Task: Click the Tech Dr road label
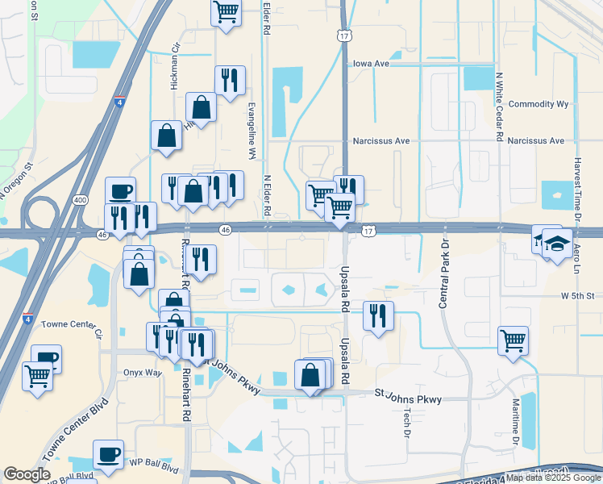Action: pos(406,421)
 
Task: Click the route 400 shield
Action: pos(80,199)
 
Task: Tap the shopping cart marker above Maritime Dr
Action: pos(513,340)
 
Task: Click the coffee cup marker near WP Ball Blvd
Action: pos(108,453)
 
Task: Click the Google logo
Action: pos(27,474)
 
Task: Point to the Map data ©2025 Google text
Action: pos(553,478)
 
